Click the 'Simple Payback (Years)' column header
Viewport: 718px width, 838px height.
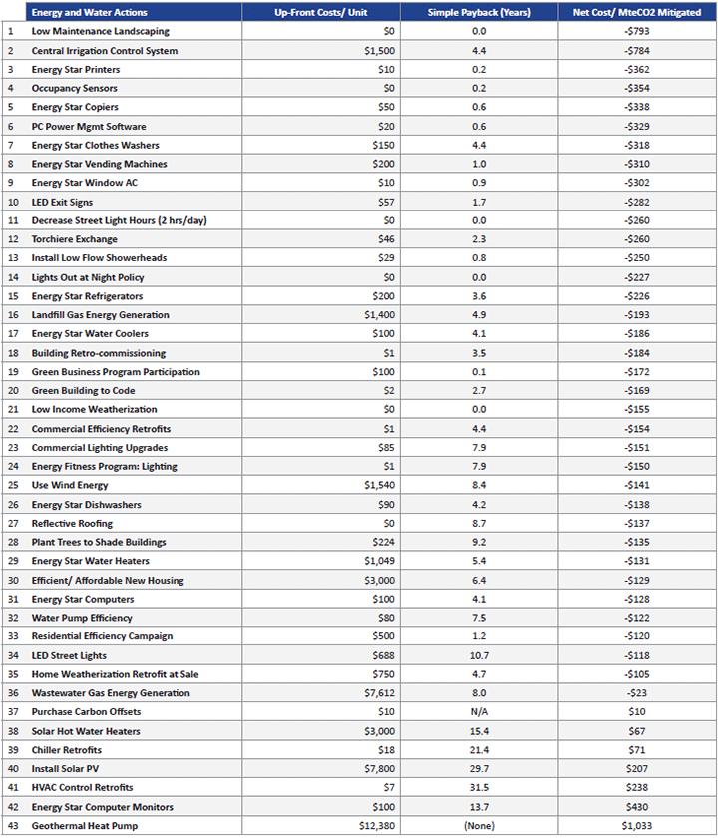coord(478,12)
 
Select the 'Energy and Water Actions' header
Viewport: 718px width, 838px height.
coord(89,12)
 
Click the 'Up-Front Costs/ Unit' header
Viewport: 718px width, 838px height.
coord(320,12)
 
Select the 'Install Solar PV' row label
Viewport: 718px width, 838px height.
coord(67,769)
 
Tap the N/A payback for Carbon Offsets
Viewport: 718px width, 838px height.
coord(478,712)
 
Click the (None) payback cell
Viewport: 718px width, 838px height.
coord(478,826)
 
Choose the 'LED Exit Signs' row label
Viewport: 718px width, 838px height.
coord(62,202)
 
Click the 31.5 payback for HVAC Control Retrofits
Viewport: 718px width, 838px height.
coord(478,788)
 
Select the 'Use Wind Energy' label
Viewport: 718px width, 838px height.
coord(69,485)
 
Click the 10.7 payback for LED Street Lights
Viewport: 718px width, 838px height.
coord(478,655)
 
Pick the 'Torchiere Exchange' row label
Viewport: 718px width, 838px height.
coord(74,239)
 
